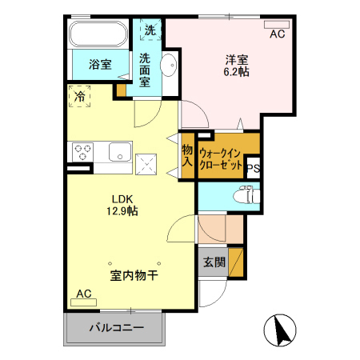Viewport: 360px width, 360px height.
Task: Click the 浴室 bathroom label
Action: pos(100,64)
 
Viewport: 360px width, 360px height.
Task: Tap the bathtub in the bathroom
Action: pos(97,35)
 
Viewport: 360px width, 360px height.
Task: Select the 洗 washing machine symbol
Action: pos(150,30)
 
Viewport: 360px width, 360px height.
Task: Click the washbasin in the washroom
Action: pos(169,66)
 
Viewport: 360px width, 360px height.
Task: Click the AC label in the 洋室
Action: pos(277,34)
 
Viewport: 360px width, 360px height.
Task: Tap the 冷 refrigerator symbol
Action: pos(80,96)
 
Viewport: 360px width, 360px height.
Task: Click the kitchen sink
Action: pos(120,150)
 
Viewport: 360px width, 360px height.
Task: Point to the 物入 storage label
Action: pos(187,154)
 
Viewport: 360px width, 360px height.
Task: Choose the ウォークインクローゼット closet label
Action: pos(221,157)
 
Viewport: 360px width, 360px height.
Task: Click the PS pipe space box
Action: pos(253,168)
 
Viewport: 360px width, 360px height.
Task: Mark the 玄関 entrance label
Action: pos(214,262)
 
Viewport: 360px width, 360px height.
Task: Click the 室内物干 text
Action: pos(133,276)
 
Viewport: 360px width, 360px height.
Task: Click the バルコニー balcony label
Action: pos(116,328)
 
